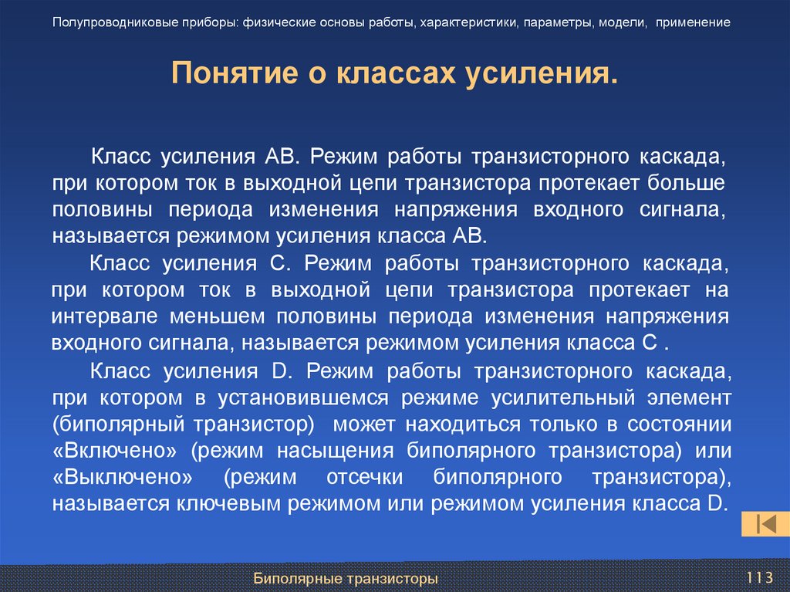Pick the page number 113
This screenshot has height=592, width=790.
760,577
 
